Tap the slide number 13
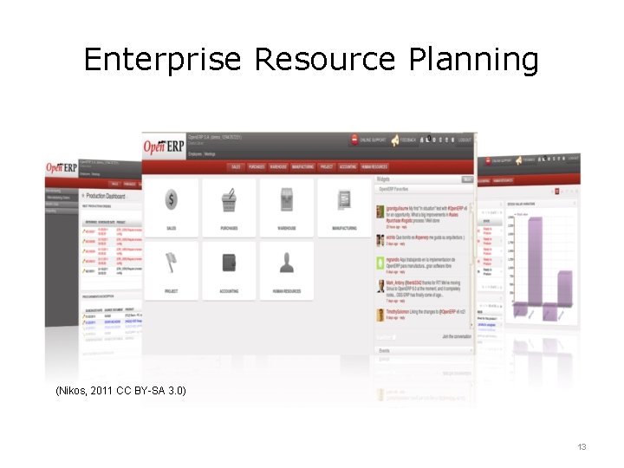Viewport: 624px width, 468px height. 582,446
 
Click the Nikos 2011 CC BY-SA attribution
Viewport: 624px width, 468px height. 120,391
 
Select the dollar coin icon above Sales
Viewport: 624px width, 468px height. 171,200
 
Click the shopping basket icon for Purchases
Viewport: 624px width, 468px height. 229,200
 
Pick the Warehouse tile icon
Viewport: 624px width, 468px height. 287,200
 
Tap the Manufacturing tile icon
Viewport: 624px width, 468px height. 344,200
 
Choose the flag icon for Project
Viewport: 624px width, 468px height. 171,262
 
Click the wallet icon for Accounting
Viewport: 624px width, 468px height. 229,262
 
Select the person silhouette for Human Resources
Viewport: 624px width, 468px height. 287,262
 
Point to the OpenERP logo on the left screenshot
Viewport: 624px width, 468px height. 60,167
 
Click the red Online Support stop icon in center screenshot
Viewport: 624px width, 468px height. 354,140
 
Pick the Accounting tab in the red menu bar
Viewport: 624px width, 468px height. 348,166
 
